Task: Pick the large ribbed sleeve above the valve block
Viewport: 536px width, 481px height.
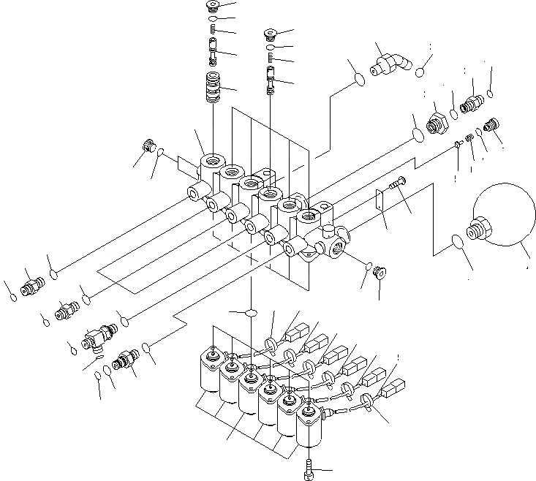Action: (x=214, y=90)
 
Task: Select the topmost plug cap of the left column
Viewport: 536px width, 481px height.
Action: (x=213, y=7)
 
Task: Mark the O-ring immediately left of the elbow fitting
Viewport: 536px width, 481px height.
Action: (x=358, y=78)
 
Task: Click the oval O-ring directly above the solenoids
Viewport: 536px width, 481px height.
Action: (x=250, y=312)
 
